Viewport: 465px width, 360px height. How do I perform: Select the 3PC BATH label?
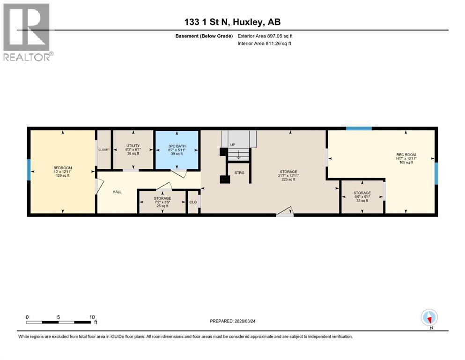(x=177, y=146)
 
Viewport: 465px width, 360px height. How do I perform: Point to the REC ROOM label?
(x=406, y=155)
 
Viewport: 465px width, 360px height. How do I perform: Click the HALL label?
(x=117, y=192)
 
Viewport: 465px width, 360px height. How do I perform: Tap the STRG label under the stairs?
(x=239, y=173)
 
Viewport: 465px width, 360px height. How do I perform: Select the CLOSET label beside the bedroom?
(x=103, y=150)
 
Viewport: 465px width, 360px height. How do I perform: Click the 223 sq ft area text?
(x=288, y=180)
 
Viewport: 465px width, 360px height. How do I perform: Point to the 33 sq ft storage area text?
(x=362, y=201)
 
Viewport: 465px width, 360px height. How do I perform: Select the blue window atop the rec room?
(x=359, y=128)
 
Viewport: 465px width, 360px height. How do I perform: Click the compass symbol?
(x=429, y=318)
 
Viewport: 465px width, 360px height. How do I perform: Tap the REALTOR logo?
(x=27, y=32)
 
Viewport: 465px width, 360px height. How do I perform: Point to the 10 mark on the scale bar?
(x=92, y=317)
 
